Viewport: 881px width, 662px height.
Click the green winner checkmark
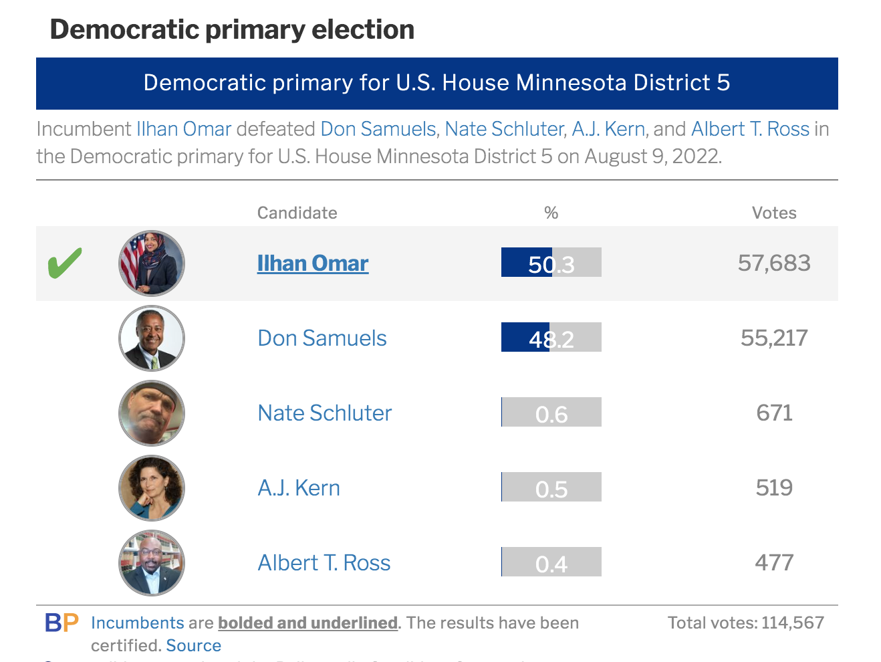[x=65, y=263]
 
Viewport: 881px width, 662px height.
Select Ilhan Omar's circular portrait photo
[x=152, y=263]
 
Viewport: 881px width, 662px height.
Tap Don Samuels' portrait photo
[x=152, y=338]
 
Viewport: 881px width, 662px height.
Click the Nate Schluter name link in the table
[x=324, y=413]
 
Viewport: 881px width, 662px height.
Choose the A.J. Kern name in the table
[x=299, y=488]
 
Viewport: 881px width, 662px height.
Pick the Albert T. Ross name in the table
[x=324, y=563]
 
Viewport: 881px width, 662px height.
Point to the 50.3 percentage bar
[x=551, y=263]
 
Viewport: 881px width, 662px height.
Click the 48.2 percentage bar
[x=551, y=338]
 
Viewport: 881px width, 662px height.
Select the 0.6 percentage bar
[x=551, y=413]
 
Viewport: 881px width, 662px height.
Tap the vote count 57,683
[x=774, y=263]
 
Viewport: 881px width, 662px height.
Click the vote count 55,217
[x=774, y=338]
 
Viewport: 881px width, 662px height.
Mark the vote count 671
[x=774, y=413]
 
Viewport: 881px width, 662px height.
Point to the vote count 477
[x=774, y=562]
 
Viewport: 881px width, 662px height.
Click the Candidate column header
[x=297, y=213]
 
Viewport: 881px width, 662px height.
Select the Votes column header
[x=774, y=213]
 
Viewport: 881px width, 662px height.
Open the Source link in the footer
[x=193, y=645]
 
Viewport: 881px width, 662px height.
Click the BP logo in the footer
[x=61, y=623]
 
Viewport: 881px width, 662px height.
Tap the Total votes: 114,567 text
[x=745, y=623]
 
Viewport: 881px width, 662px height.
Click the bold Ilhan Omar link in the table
[x=312, y=263]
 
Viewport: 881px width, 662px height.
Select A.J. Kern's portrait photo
[x=152, y=488]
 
